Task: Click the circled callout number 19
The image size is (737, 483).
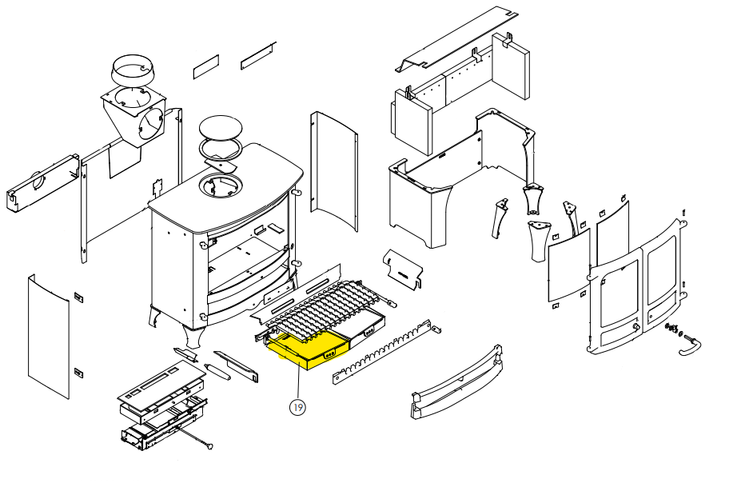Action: [x=297, y=408]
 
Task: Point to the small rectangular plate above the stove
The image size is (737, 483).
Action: [x=205, y=66]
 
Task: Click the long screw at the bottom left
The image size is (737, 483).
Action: [x=192, y=439]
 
